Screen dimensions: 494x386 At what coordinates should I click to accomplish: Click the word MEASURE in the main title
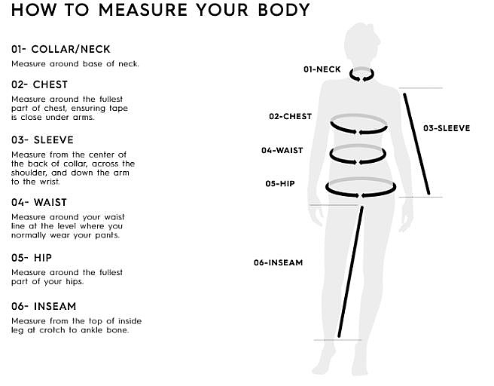click(143, 10)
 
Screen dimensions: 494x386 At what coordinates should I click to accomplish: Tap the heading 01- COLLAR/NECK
click(61, 49)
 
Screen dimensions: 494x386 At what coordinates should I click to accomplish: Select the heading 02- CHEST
click(40, 84)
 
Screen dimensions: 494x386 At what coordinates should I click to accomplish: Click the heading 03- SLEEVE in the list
click(42, 139)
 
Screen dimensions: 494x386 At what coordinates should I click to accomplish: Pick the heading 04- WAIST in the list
click(39, 202)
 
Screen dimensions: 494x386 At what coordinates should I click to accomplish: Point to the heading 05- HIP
click(32, 258)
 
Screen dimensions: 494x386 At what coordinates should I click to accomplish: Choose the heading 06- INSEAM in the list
click(44, 306)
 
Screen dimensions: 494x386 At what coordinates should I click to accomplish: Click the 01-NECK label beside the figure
click(322, 69)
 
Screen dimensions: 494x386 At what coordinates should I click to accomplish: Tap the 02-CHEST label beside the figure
click(290, 116)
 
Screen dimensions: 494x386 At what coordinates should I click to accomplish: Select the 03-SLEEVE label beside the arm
click(447, 128)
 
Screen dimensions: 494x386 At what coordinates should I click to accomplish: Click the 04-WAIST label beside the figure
click(282, 151)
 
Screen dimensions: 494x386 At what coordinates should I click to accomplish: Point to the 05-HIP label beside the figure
click(280, 183)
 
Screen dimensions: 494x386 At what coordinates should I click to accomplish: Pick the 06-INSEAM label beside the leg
click(278, 262)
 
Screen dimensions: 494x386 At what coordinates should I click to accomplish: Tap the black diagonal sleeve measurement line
click(416, 144)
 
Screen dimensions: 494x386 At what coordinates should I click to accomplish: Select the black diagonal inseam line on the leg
click(350, 271)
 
